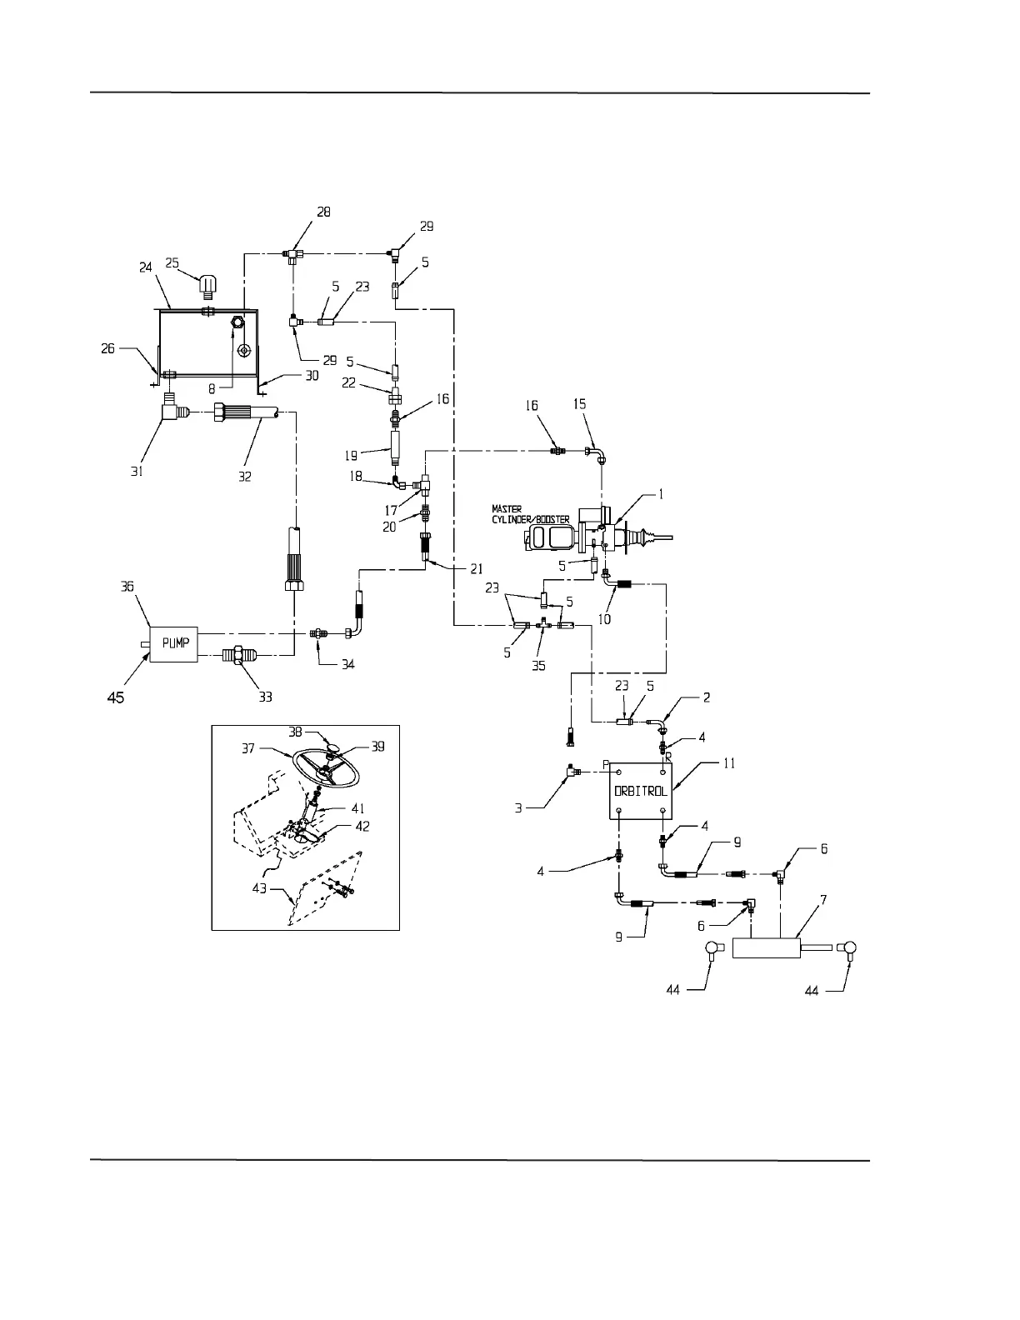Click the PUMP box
[x=172, y=643]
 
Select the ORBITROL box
[x=641, y=791]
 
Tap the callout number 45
[x=116, y=697]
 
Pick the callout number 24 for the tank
[x=146, y=268]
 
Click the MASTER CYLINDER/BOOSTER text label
[x=531, y=513]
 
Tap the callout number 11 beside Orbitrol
[x=728, y=762]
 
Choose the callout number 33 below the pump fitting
[x=265, y=697]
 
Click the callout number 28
[x=323, y=212]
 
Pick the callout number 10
[x=604, y=619]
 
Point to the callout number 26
[x=109, y=348]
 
